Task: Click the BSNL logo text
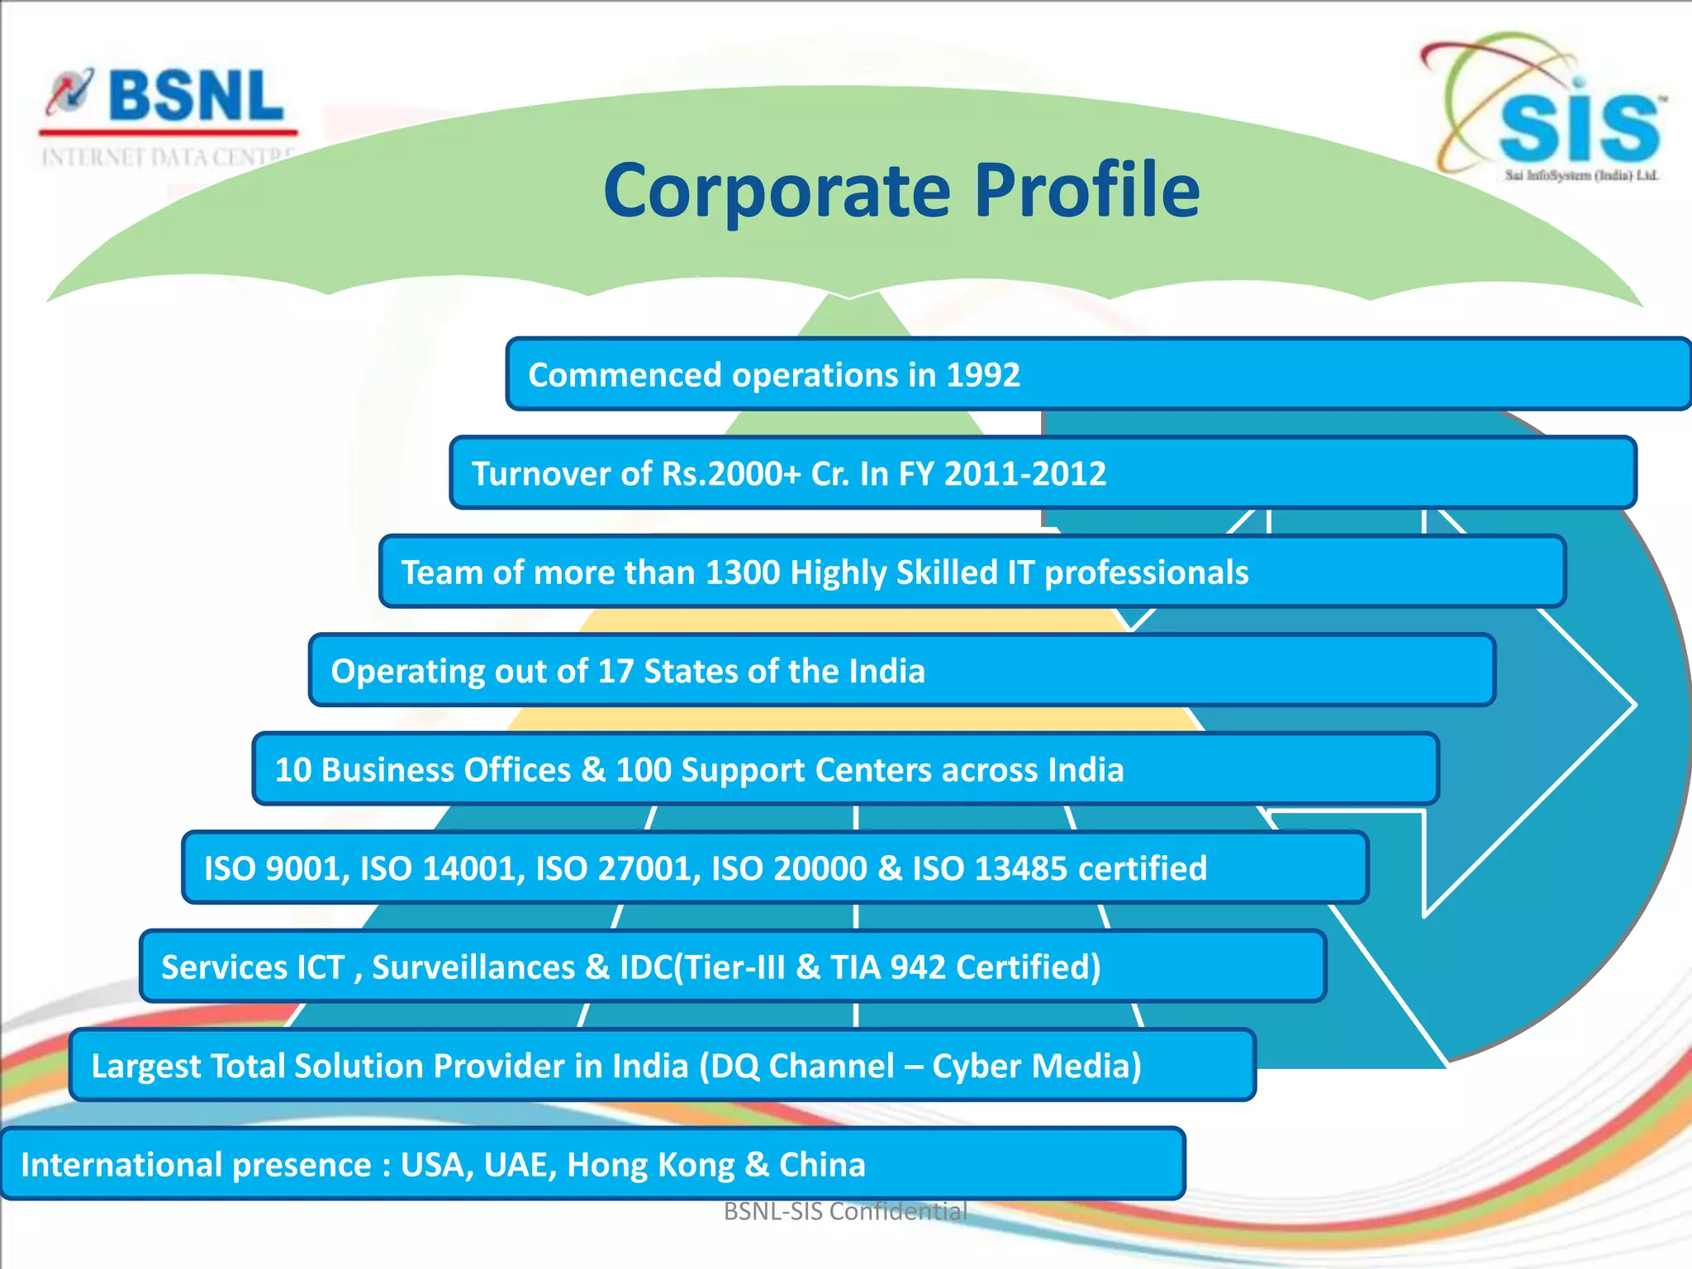coord(195,97)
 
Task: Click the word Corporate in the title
coord(777,192)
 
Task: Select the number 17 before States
coord(615,672)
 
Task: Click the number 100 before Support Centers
coord(644,770)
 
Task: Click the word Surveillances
coord(473,967)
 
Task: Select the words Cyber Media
coord(1036,1067)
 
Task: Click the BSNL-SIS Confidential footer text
coord(845,1211)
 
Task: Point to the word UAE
coord(512,1165)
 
